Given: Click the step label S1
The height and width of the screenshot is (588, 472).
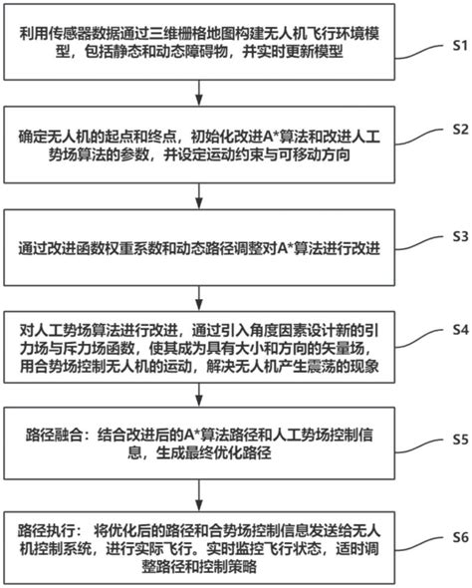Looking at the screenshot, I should pyautogui.click(x=453, y=45).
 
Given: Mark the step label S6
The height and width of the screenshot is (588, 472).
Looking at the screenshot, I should pyautogui.click(x=453, y=536).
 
